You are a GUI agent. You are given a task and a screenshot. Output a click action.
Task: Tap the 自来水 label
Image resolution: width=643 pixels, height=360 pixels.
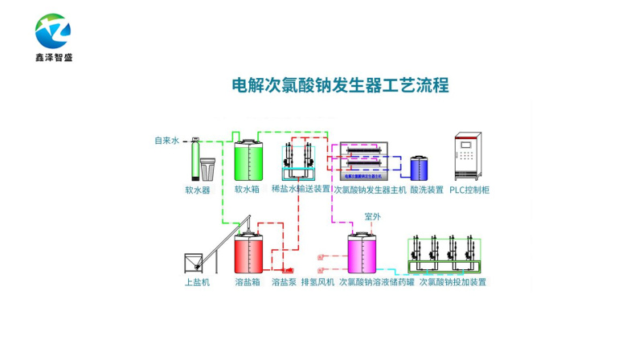click(167, 141)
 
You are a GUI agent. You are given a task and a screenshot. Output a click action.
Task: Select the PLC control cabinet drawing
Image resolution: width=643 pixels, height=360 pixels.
click(469, 156)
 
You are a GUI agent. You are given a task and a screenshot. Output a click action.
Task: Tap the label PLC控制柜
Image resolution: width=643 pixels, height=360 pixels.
click(469, 190)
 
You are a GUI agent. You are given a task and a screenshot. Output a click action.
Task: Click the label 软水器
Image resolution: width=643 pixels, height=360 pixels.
click(197, 190)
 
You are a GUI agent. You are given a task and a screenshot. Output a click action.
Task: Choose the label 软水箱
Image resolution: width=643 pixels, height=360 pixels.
click(247, 190)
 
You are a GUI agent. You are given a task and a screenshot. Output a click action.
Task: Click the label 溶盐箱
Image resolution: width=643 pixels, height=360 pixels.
click(247, 282)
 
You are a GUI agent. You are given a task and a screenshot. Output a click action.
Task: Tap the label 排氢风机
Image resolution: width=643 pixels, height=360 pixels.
click(317, 282)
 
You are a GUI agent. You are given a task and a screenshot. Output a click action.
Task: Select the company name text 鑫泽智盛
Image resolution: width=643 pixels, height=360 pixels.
click(53, 59)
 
